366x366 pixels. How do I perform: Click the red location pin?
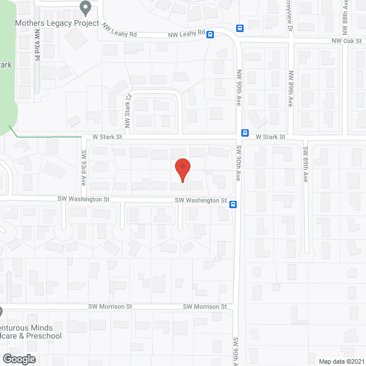click(x=182, y=169)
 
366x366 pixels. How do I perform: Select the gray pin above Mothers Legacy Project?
click(x=86, y=9)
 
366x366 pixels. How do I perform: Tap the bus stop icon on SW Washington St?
click(x=233, y=204)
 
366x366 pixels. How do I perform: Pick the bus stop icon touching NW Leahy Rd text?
click(x=210, y=34)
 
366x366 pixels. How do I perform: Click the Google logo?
click(x=19, y=359)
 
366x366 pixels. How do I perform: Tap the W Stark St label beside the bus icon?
click(x=270, y=137)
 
